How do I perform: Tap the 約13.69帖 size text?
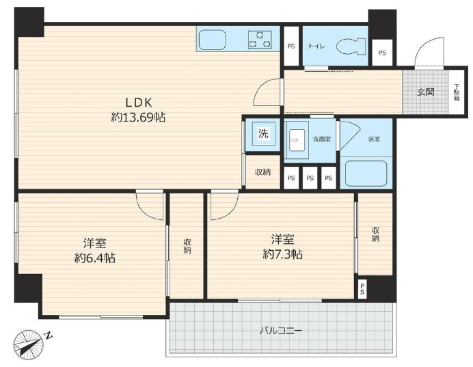click(x=138, y=118)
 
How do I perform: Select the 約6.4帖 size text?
click(x=94, y=258)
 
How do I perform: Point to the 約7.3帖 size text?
click(x=282, y=254)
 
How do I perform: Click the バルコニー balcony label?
click(x=280, y=331)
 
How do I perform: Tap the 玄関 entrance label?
click(x=426, y=92)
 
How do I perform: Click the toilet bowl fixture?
click(x=351, y=46)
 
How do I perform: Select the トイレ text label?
click(x=316, y=46)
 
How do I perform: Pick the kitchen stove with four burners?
click(x=259, y=40)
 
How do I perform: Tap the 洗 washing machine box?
click(x=263, y=134)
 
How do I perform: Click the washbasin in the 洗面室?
click(x=298, y=144)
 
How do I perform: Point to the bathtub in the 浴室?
click(x=366, y=173)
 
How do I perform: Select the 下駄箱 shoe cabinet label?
click(x=457, y=92)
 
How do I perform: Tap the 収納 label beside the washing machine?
click(x=263, y=172)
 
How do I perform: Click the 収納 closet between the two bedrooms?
click(x=187, y=246)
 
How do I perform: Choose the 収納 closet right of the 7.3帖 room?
click(x=375, y=234)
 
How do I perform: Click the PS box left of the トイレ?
click(x=291, y=46)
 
